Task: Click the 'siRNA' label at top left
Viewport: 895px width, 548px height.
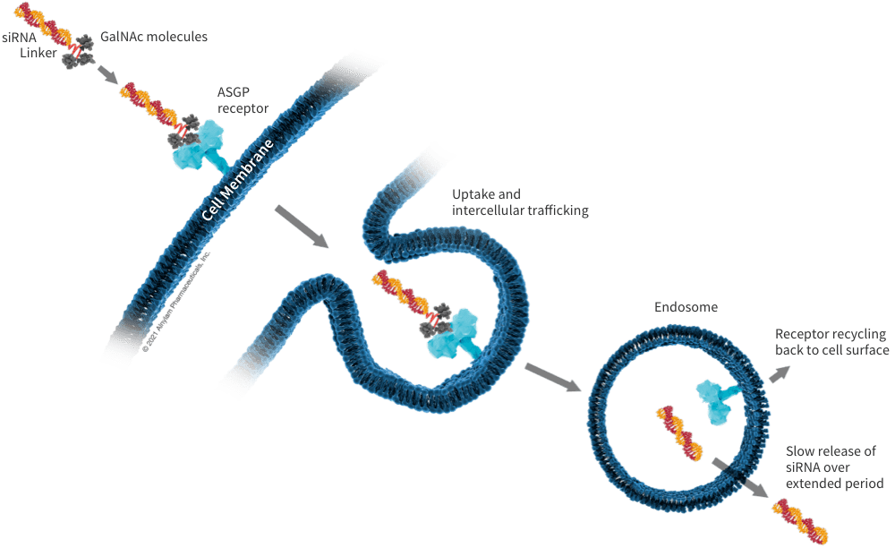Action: coord(19,38)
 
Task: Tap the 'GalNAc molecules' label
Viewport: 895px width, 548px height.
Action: coord(154,38)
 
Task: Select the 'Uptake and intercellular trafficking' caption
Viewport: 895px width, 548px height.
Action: coord(520,202)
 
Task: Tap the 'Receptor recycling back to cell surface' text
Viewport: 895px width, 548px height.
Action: coord(831,342)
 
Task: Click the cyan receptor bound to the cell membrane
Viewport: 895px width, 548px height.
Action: coord(200,147)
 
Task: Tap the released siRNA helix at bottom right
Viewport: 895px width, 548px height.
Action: coord(800,525)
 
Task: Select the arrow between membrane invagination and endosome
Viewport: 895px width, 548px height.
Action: coord(552,377)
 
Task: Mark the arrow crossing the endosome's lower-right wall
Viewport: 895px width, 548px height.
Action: coord(740,478)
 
